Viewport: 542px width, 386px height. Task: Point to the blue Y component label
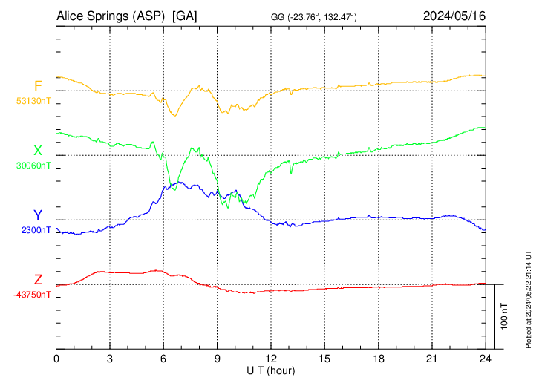(x=38, y=215)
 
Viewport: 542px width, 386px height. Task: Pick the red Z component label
(x=38, y=280)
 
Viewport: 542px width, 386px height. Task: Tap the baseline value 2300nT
(x=36, y=230)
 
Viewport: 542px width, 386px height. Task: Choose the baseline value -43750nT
(x=32, y=295)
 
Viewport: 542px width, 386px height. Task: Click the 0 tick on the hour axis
(x=56, y=359)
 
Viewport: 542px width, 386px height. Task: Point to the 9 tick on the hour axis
(x=218, y=359)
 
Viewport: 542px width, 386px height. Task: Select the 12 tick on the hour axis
(x=271, y=359)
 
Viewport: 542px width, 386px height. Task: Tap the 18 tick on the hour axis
(x=378, y=359)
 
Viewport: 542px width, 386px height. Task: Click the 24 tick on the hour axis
(x=485, y=359)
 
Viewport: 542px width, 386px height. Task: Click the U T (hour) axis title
(x=271, y=370)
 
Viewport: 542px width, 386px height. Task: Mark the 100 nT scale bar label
(x=505, y=316)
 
